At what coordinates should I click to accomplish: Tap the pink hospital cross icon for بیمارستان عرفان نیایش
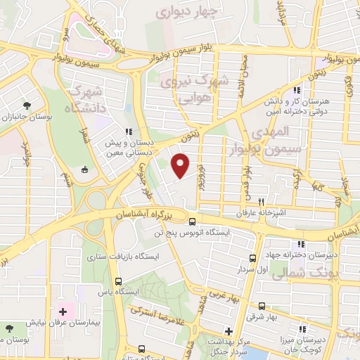coord(62,311)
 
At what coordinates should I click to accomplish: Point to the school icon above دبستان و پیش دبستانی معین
coord(127,131)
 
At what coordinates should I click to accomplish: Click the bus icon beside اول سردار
coord(252,259)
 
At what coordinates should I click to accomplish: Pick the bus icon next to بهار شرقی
coord(262,307)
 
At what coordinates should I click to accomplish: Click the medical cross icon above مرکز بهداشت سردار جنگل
coord(228,330)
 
